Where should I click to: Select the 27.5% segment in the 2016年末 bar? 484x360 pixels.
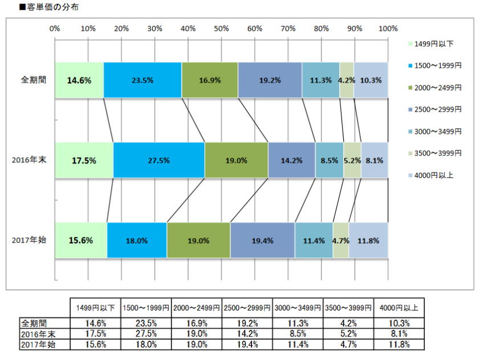click(158, 161)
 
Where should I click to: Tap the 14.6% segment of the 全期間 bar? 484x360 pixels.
click(79, 80)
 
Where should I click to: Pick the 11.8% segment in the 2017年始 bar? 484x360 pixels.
click(368, 240)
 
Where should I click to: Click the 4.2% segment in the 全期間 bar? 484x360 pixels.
click(347, 80)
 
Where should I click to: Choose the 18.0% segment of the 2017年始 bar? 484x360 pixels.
click(137, 240)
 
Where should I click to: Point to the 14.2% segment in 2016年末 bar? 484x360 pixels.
click(291, 161)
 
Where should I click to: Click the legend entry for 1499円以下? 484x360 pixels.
click(433, 44)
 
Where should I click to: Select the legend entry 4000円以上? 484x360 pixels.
click(433, 175)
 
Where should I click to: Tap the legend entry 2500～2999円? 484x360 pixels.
click(437, 109)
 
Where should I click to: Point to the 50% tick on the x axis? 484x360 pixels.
click(222, 28)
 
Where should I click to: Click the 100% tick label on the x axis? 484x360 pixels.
click(388, 28)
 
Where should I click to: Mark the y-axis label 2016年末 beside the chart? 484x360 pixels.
click(29, 160)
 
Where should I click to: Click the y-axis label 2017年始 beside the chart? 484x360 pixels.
click(29, 240)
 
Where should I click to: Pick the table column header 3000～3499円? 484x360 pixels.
click(298, 308)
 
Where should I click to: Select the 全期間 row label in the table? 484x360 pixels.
click(34, 323)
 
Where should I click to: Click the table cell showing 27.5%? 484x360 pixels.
click(146, 334)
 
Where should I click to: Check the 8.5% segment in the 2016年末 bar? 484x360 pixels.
click(329, 161)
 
